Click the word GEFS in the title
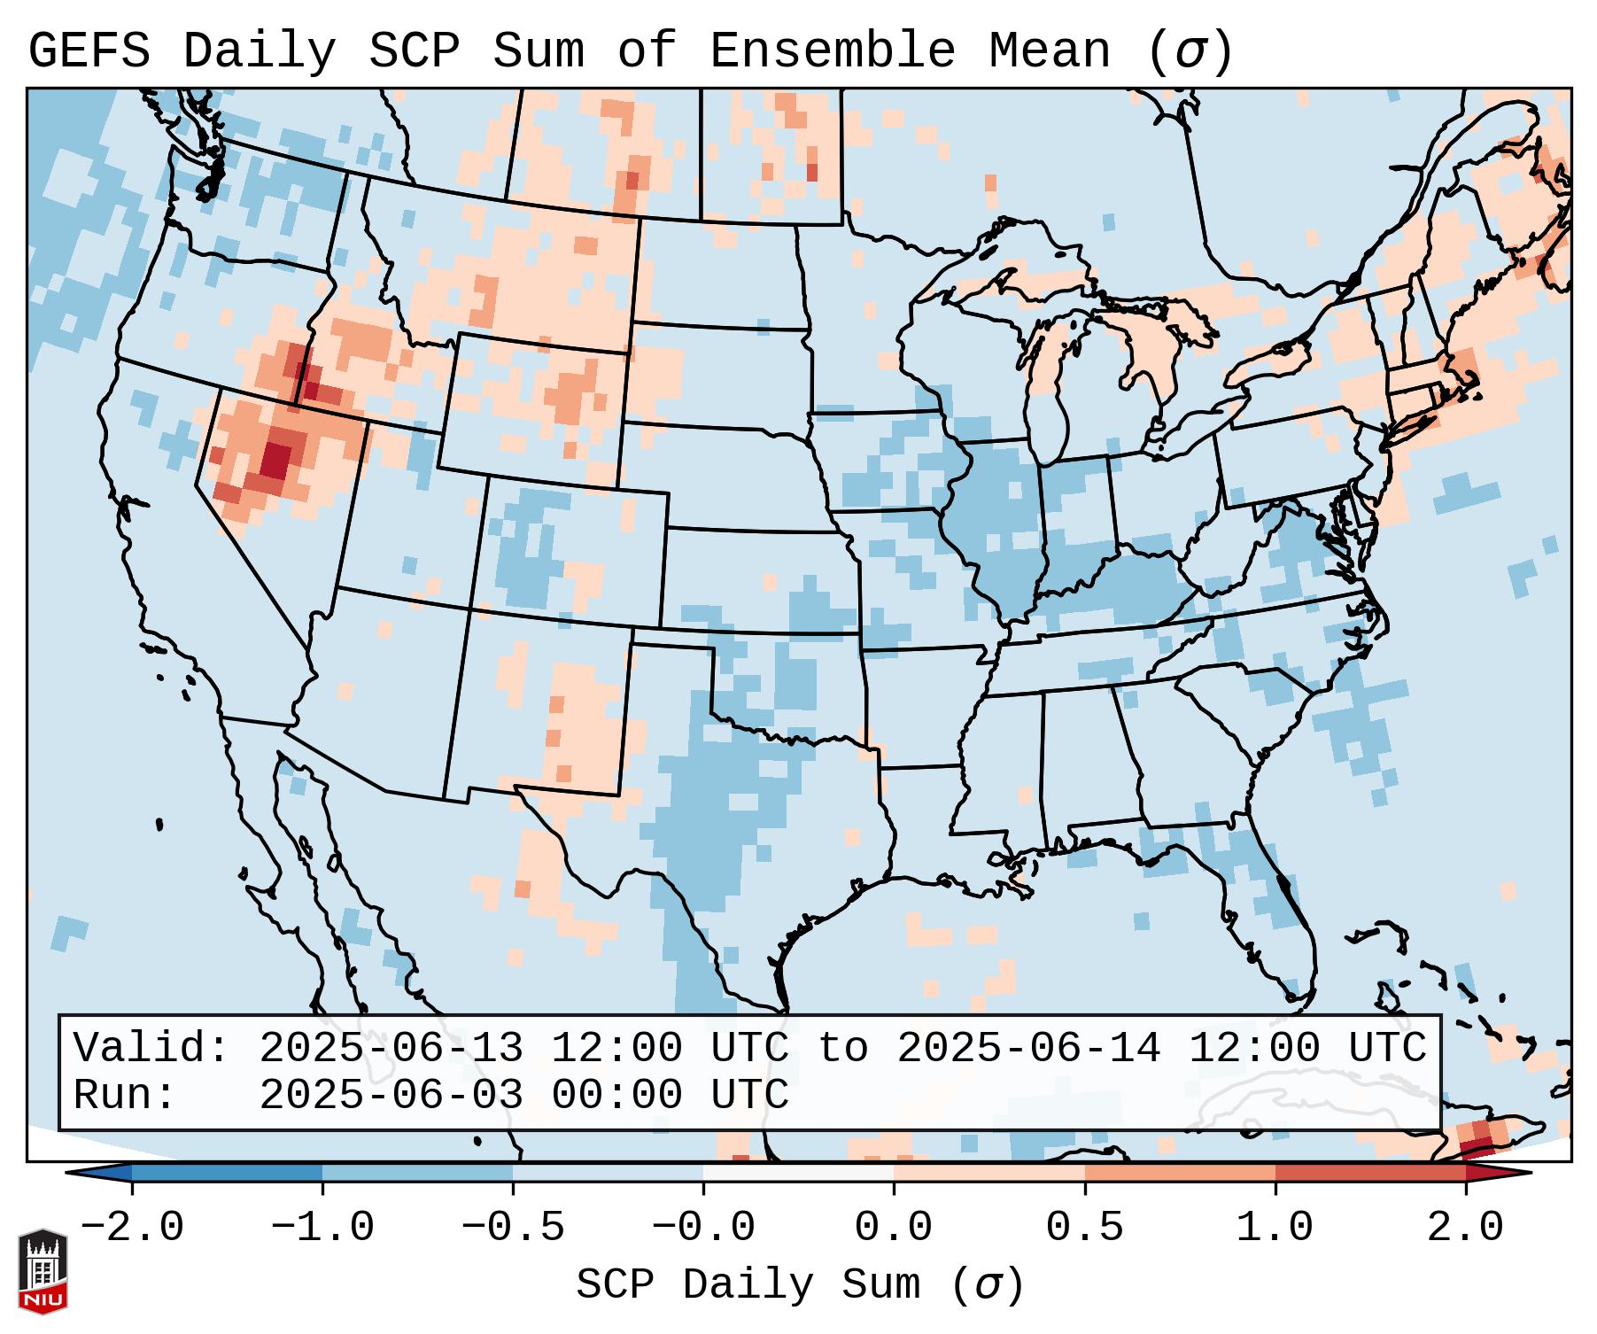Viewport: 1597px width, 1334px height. pyautogui.click(x=89, y=51)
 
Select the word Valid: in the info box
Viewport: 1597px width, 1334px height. pyautogui.click(x=151, y=1048)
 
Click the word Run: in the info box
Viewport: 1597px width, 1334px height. pyautogui.click(x=124, y=1096)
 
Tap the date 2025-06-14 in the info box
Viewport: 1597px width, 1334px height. pyautogui.click(x=1028, y=1048)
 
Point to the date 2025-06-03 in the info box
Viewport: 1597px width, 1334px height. pyautogui.click(x=391, y=1096)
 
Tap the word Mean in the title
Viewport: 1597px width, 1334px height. pyautogui.click(x=1049, y=51)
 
